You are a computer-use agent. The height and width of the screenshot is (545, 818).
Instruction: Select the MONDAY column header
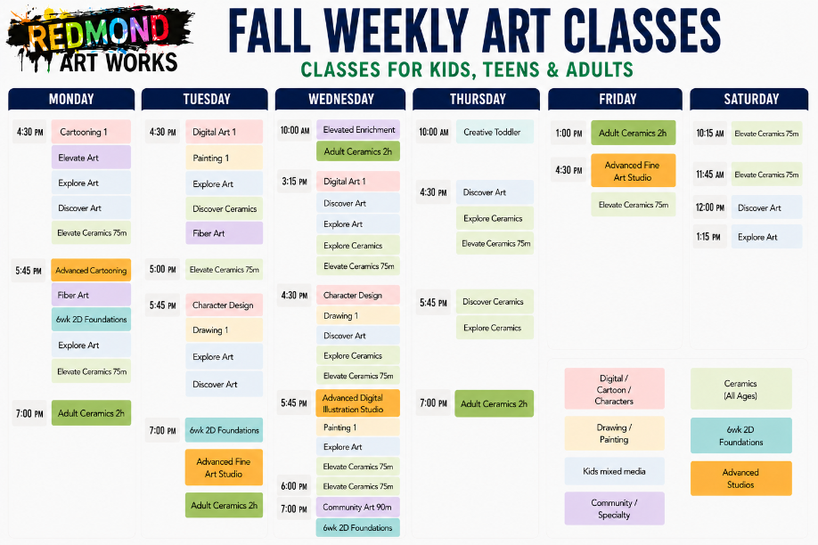click(x=71, y=99)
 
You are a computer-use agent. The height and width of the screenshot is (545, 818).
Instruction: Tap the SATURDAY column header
click(x=749, y=99)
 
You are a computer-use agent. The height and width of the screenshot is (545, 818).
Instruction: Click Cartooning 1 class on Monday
click(x=91, y=132)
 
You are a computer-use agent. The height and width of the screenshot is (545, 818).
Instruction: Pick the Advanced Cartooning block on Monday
click(x=91, y=270)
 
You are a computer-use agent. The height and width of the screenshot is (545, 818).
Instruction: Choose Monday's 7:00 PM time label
click(x=29, y=413)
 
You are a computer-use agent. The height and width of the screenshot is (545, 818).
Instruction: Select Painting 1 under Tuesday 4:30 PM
click(x=225, y=158)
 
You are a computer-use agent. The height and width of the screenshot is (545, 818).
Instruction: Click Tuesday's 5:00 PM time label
click(x=163, y=270)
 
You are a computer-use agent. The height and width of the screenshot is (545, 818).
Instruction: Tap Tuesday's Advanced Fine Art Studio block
click(x=224, y=468)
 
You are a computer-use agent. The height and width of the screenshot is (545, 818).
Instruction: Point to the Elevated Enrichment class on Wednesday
click(x=358, y=130)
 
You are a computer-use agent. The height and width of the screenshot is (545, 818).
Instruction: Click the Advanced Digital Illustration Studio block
click(x=358, y=403)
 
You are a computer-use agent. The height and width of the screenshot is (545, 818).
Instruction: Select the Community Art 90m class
click(x=358, y=507)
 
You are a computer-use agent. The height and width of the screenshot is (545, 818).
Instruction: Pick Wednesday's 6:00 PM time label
click(x=294, y=486)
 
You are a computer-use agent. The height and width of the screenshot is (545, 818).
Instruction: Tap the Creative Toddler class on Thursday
click(x=495, y=132)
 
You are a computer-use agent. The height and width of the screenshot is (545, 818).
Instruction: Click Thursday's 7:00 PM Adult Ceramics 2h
click(x=494, y=403)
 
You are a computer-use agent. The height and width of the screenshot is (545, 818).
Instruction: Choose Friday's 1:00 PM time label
click(x=569, y=133)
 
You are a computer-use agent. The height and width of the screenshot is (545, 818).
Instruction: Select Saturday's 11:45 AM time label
click(x=710, y=175)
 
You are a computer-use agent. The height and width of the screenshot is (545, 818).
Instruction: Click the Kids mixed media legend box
click(x=615, y=471)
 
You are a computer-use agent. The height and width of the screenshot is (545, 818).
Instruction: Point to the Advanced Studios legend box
click(x=741, y=478)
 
